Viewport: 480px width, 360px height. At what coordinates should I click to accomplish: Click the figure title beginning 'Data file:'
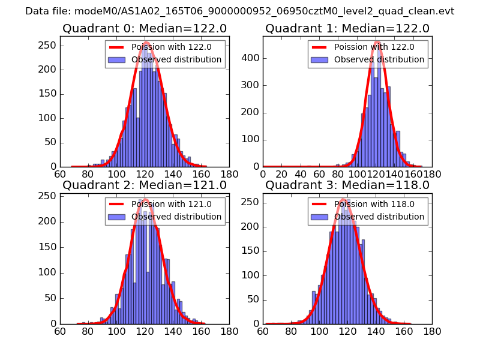pos(240,11)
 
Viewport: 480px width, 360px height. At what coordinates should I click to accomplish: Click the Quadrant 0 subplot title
pos(145,29)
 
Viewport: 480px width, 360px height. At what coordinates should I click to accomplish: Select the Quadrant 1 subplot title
pos(347,29)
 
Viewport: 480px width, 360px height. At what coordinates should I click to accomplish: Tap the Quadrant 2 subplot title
pos(145,185)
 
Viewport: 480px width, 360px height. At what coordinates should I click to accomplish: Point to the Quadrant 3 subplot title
pos(347,185)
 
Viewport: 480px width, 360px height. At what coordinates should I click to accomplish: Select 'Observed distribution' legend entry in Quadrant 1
pos(379,59)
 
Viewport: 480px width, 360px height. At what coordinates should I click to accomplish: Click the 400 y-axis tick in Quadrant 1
pos(254,58)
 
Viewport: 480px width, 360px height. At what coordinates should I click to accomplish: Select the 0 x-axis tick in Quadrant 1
pos(263,175)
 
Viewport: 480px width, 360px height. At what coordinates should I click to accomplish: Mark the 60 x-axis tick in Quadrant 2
pos(60,331)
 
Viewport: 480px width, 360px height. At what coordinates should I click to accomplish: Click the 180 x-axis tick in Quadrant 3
pos(432,331)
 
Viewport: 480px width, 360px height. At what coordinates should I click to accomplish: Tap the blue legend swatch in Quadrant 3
pos(319,217)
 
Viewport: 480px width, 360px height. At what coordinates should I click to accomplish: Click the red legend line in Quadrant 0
pos(116,47)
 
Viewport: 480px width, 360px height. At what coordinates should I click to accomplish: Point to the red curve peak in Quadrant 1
pos(376,42)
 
